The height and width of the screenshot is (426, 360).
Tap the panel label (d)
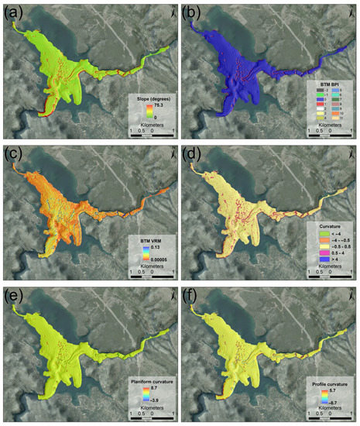pyautogui.click(x=193, y=151)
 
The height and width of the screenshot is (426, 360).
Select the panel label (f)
pyautogui.click(x=193, y=293)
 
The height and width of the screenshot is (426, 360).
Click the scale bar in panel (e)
pyautogui.click(x=153, y=415)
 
